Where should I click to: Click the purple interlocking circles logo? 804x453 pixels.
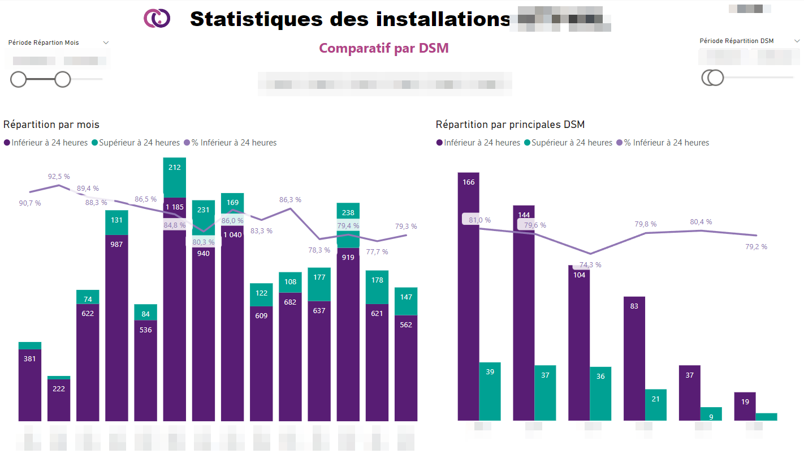pos(157,18)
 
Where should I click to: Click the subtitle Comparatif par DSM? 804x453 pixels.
pos(383,48)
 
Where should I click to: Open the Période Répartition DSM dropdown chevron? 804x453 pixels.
pos(797,41)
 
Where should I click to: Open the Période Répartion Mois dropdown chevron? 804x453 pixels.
pos(106,42)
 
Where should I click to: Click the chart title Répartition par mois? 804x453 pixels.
pos(51,125)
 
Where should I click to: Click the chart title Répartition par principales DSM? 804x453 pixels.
pos(510,125)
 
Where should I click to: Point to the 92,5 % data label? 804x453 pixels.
pos(59,177)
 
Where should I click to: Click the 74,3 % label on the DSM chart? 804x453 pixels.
pos(590,265)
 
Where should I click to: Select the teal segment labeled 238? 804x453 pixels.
pos(348,213)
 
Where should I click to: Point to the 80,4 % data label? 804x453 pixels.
pos(701,222)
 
